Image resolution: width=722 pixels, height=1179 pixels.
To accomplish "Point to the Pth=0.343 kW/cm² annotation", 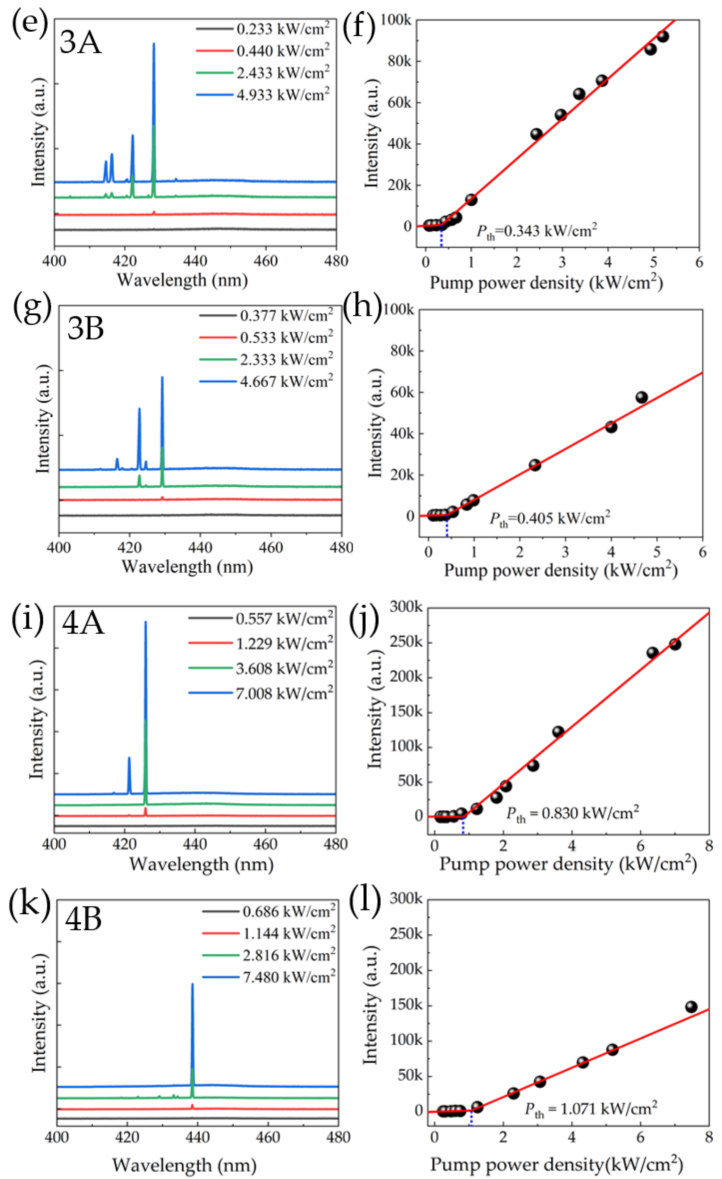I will click(536, 232).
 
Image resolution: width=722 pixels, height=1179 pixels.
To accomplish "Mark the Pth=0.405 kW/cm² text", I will click(550, 519).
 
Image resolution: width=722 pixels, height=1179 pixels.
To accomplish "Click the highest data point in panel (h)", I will click(641, 397).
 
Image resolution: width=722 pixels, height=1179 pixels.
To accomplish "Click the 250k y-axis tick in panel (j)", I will click(406, 642).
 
